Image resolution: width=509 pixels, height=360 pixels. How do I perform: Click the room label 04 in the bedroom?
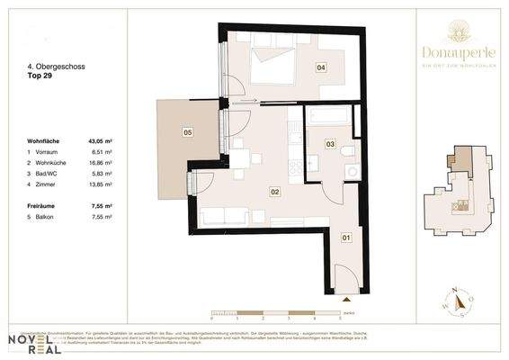coord(320,67)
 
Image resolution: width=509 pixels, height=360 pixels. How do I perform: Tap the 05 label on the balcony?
coord(188,132)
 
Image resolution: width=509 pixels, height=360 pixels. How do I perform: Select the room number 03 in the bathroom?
coord(330,144)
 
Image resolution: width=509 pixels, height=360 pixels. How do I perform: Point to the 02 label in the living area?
coord(275,190)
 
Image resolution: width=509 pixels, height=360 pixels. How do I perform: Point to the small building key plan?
coord(462,190)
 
